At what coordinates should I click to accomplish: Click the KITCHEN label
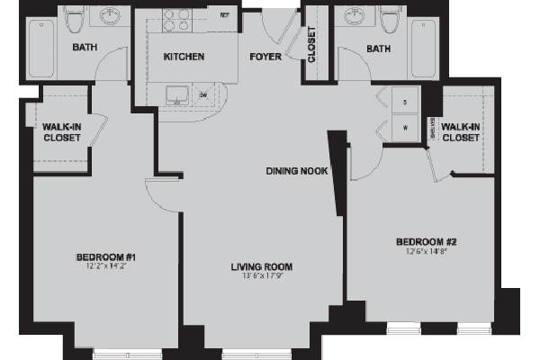(184, 57)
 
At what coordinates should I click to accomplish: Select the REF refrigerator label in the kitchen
(224, 15)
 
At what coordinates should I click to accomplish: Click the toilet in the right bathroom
(389, 19)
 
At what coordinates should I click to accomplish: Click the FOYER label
(265, 57)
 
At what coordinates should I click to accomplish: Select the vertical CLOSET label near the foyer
(311, 45)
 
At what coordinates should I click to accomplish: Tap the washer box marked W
(405, 127)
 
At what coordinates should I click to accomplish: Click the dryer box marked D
(405, 103)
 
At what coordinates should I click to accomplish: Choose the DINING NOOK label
(295, 171)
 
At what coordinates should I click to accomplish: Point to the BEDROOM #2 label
(427, 241)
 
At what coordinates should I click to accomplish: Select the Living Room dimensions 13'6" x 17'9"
(262, 275)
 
